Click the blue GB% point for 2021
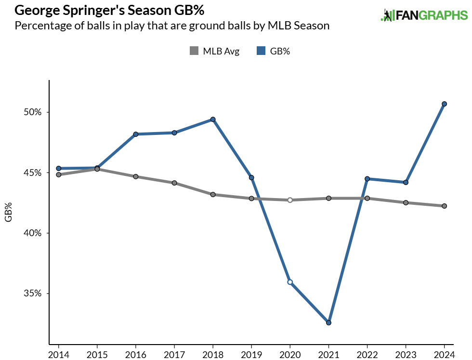[328, 322]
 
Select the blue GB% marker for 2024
[445, 104]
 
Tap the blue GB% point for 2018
[213, 119]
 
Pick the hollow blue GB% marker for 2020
[290, 282]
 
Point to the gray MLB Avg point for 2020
[290, 200]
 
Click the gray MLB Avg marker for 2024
[445, 206]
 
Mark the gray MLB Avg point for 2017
[174, 183]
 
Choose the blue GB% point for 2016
[136, 134]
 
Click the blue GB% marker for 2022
[367, 178]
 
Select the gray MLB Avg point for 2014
[59, 174]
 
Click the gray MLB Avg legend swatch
[194, 51]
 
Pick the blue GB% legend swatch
[260, 51]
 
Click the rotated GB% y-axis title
[8, 212]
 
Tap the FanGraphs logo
[424, 15]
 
